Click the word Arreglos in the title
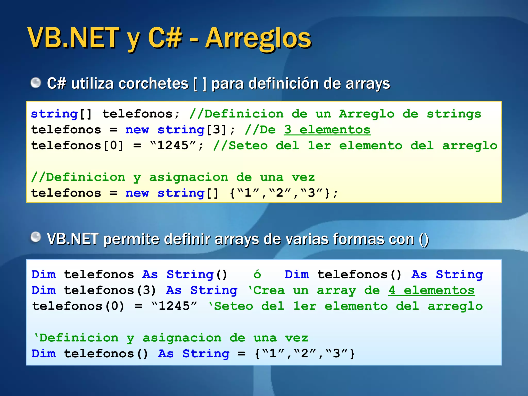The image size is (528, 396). tap(258, 39)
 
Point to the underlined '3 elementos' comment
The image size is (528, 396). tap(327, 130)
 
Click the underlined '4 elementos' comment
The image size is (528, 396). tap(431, 290)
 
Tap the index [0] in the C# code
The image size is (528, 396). tap(113, 146)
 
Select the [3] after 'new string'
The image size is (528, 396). tap(216, 130)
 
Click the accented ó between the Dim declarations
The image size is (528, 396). tap(257, 274)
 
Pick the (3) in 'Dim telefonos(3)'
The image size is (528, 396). tap(146, 290)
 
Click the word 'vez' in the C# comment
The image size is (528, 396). tap(303, 177)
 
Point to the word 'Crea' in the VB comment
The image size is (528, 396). tap(269, 290)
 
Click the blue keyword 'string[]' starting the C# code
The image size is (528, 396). tap(61, 114)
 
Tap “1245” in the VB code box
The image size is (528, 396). tap(174, 306)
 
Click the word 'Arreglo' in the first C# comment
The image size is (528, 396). tap(366, 114)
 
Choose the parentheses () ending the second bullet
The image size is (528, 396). tap(424, 239)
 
